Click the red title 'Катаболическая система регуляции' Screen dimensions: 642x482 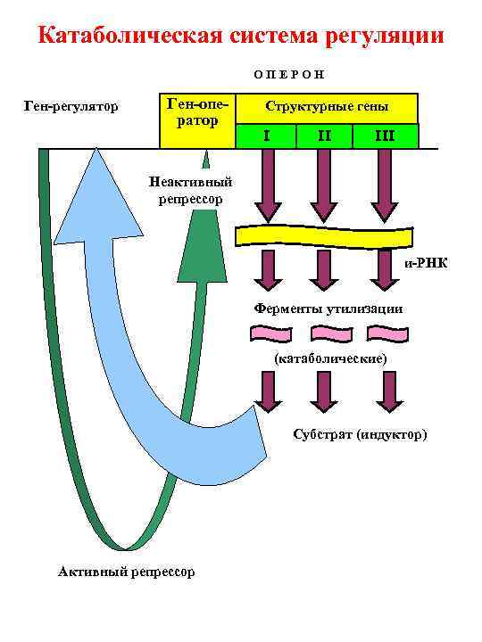click(241, 37)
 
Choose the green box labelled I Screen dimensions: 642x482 click(266, 136)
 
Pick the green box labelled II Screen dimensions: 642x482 click(324, 136)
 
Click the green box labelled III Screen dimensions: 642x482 click(385, 136)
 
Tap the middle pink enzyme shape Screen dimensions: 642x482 click(330, 334)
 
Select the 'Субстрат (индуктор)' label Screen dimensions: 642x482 click(360, 434)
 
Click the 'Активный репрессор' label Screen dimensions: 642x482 click(125, 572)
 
